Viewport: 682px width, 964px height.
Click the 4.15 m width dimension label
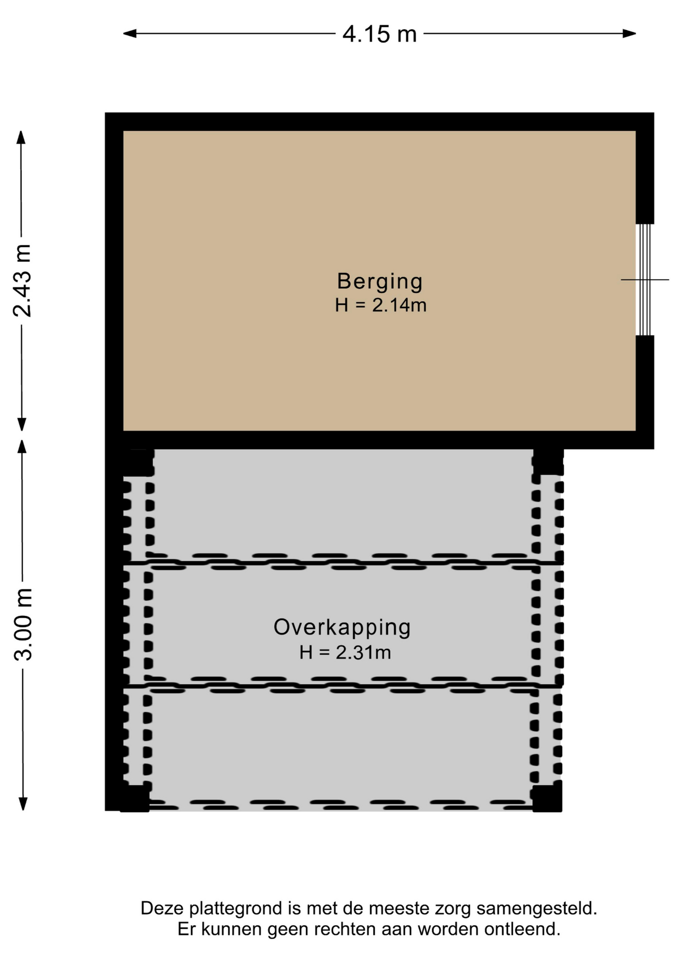380,34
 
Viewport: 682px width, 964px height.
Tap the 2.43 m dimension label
23,280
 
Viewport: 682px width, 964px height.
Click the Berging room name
380,281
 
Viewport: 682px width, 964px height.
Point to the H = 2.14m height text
381,305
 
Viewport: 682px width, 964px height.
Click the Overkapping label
342,628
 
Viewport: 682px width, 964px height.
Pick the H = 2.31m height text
345,653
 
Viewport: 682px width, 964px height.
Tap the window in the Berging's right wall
645,280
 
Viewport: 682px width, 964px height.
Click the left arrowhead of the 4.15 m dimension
130,34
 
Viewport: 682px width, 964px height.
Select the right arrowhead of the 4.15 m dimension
630,34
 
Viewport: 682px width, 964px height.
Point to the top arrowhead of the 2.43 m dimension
21,137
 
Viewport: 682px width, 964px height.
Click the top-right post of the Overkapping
548,462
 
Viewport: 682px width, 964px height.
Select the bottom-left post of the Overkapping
135,798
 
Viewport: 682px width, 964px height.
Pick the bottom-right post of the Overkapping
547,798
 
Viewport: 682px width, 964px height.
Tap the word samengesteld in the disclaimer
537,909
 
